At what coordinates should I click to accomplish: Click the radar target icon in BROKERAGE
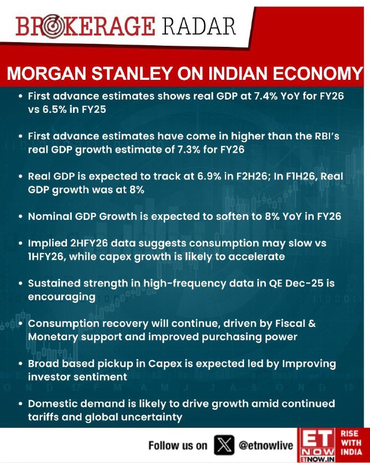pyautogui.click(x=53, y=27)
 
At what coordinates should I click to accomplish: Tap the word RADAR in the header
pyautogui.click(x=199, y=26)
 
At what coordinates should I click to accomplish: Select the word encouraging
pyautogui.click(x=62, y=297)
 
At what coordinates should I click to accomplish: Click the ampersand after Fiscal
pyautogui.click(x=312, y=324)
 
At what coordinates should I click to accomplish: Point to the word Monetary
pyautogui.click(x=53, y=337)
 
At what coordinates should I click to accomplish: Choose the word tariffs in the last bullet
pyautogui.click(x=42, y=417)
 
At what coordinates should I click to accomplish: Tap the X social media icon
pyautogui.click(x=224, y=444)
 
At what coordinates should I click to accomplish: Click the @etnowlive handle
pyautogui.click(x=266, y=445)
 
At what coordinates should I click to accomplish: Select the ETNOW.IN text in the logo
pyautogui.click(x=317, y=459)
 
